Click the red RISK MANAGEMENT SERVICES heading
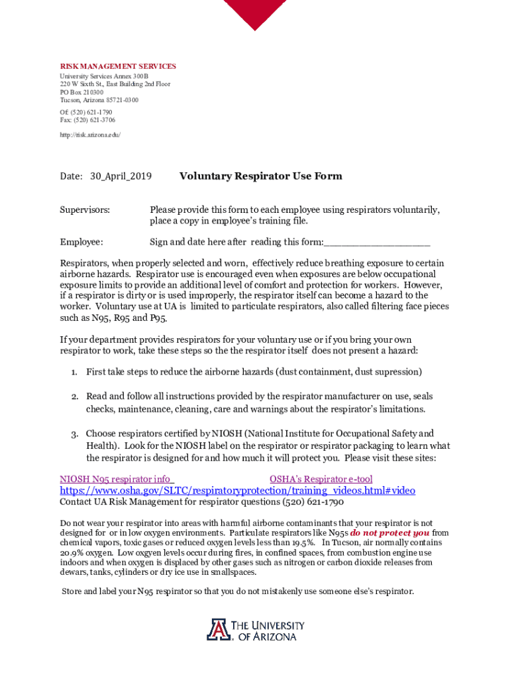click(x=118, y=66)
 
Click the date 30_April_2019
click(x=121, y=176)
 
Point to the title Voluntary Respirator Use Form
click(x=260, y=176)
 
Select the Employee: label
click(x=81, y=242)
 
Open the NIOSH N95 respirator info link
click(x=117, y=479)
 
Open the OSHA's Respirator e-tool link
click(x=321, y=479)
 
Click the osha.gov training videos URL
click(x=237, y=491)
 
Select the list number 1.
click(x=76, y=372)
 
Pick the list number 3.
click(x=76, y=434)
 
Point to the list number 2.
click(x=76, y=397)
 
